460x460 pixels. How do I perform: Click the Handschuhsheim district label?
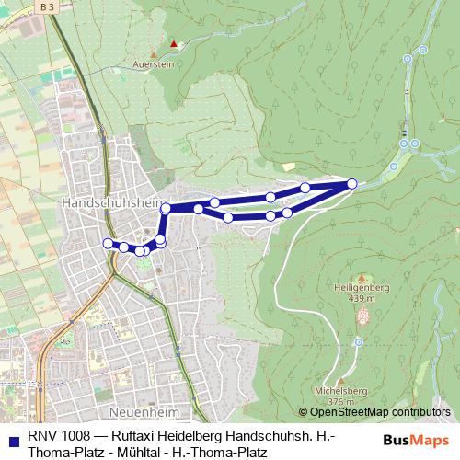tap(101, 200)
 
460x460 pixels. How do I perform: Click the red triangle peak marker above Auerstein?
tap(172, 42)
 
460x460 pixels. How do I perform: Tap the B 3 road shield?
tap(53, 7)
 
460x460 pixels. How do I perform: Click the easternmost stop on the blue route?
tap(351, 184)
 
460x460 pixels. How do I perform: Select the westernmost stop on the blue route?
tap(108, 243)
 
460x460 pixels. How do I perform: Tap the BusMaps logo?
tap(416, 440)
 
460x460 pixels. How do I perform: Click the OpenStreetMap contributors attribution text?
tap(379, 412)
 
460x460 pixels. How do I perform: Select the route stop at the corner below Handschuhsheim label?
tap(167, 209)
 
